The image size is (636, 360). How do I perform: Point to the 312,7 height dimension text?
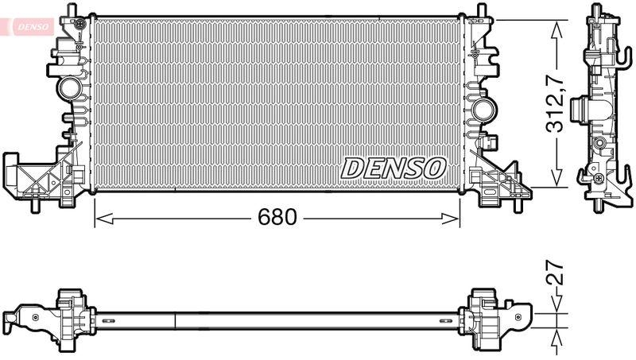click(x=559, y=103)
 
